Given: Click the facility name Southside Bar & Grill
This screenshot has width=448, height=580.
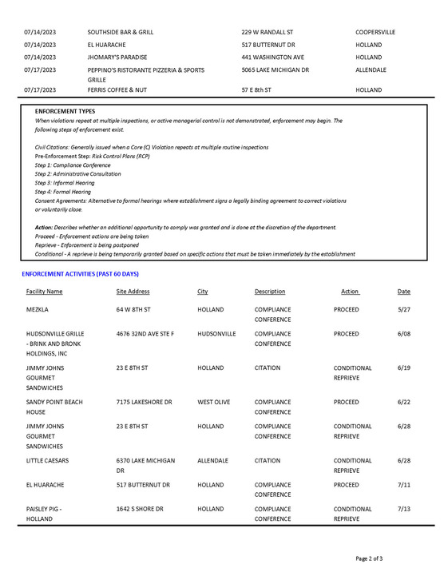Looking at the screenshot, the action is pos(121,32).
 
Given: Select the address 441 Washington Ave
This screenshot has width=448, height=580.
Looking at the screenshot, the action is pos(272,58).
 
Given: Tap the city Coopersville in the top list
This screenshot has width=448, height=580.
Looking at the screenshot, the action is pos(375,32).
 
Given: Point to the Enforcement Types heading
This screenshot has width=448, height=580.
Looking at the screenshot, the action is pos(65,111).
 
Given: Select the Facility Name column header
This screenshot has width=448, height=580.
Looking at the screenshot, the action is pos(44,292).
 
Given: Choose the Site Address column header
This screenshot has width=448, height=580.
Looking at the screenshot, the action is pos(133,292).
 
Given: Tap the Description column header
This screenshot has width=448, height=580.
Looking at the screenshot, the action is pos(270,292).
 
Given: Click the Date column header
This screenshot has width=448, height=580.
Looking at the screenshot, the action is pos(404,292).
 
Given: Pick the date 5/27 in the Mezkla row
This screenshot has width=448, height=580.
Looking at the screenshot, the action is pos(404,309).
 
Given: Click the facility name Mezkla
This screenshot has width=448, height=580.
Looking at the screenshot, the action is pos(38,309).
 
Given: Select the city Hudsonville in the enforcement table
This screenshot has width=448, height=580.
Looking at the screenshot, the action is pos(216,333).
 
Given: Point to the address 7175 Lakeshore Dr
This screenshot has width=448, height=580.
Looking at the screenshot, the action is pos(144,402).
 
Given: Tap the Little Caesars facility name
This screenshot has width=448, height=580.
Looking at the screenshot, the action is pos(48,461).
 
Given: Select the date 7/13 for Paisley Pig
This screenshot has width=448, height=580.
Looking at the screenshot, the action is pos(404,509).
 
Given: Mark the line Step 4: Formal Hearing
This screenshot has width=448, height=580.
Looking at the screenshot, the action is pos(63,192).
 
